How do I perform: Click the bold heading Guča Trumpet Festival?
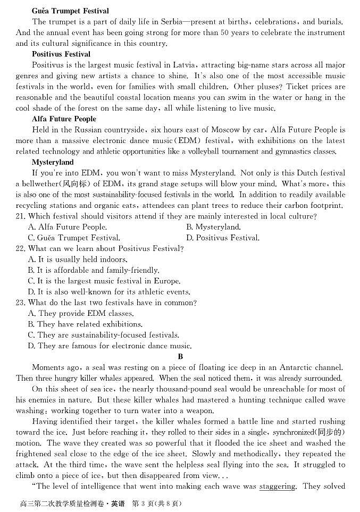(63, 11)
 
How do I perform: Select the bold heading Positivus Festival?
(61, 54)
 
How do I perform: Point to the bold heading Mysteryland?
(53, 162)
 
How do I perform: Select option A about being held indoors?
(78, 259)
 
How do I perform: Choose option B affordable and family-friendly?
(93, 270)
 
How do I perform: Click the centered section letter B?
(180, 357)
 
